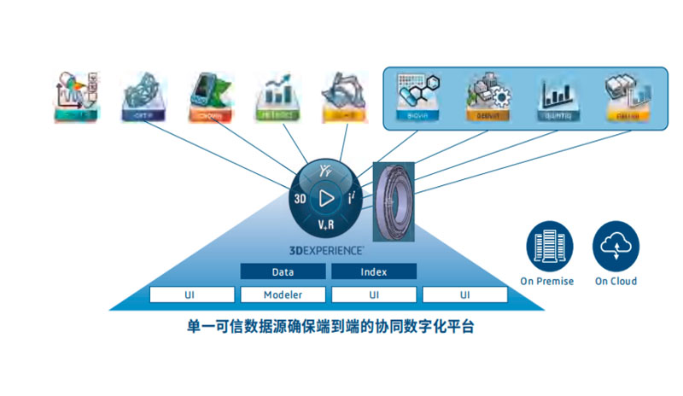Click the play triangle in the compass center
pos(325,199)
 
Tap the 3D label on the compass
pos(300,199)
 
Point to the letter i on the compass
pos(350,199)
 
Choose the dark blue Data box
pos(283,271)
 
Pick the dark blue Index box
pos(374,271)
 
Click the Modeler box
pos(283,294)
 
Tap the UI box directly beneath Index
pos(374,294)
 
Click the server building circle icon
pos(547,246)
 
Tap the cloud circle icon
pos(616,246)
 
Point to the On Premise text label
pos(547,282)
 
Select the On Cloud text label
pos(616,282)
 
